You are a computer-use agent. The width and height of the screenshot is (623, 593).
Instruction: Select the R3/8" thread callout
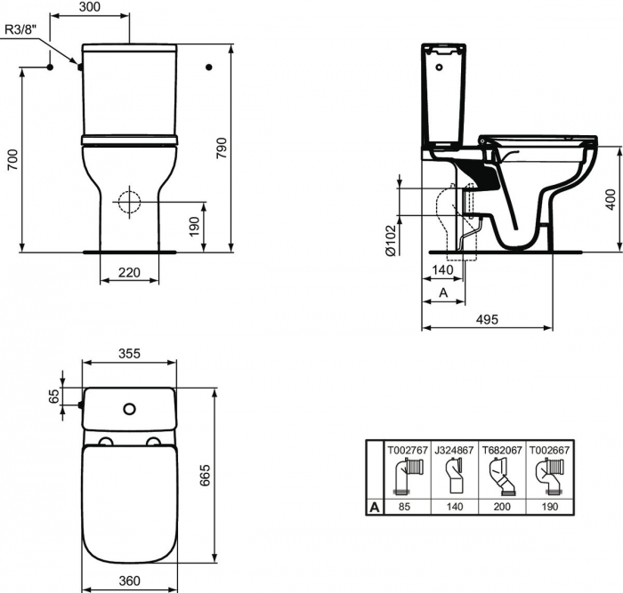point(21,29)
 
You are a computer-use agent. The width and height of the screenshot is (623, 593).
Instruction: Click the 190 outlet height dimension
point(195,227)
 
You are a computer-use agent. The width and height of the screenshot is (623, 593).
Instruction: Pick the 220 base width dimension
point(130,273)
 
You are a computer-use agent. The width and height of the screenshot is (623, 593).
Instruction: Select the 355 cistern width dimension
point(129,353)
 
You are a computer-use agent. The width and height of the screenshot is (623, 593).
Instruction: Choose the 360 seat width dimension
point(131,581)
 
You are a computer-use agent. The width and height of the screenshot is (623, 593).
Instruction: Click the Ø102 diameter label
point(391,238)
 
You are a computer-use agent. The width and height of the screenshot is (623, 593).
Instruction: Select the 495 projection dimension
point(487,319)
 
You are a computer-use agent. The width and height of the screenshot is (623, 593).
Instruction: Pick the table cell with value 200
point(501,508)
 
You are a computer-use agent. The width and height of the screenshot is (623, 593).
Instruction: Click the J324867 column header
point(455,450)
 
